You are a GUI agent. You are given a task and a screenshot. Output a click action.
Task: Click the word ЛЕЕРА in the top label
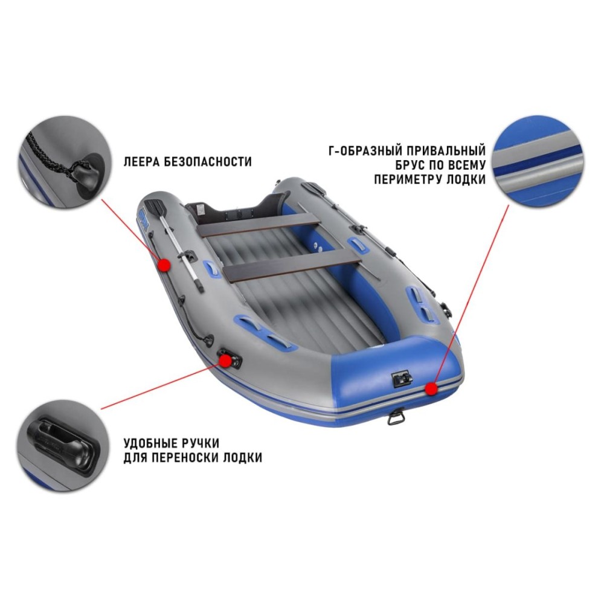(141, 162)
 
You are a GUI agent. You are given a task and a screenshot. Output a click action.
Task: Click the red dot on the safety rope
(164, 265)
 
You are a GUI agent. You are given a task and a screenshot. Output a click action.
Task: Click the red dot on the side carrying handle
(225, 361)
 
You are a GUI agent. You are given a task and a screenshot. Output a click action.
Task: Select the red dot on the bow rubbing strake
(432, 389)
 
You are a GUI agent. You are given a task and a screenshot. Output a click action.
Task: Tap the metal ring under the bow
(395, 417)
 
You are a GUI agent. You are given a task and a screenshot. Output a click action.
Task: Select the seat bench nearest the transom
(257, 225)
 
